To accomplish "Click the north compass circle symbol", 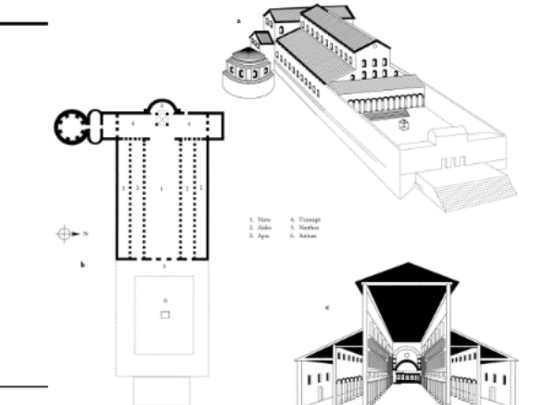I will pyautogui.click(x=63, y=234).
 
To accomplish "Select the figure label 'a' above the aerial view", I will pyautogui.click(x=238, y=19).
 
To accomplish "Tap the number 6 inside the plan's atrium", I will pyautogui.click(x=164, y=301).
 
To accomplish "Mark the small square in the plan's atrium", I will pyautogui.click(x=164, y=315).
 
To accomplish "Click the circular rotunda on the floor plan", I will pyautogui.click(x=70, y=123).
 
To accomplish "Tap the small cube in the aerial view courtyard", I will pyautogui.click(x=404, y=125).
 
